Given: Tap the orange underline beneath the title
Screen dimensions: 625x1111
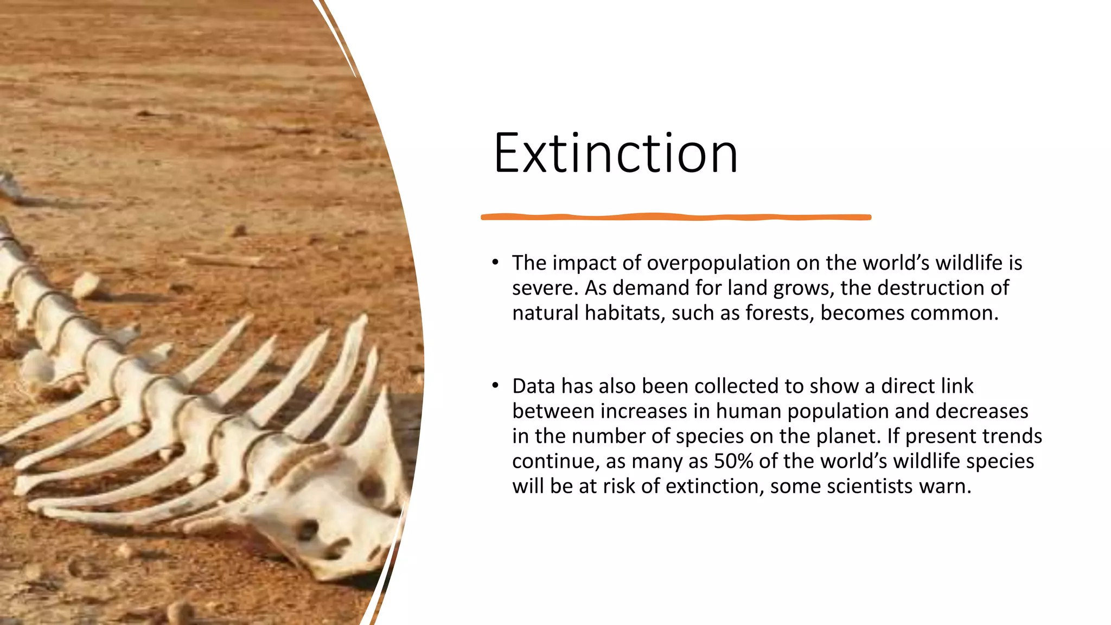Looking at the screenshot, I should click(675, 217).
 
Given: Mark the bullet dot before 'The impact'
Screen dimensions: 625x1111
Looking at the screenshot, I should click(495, 263).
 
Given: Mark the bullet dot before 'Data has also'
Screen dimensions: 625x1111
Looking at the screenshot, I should click(495, 386).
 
